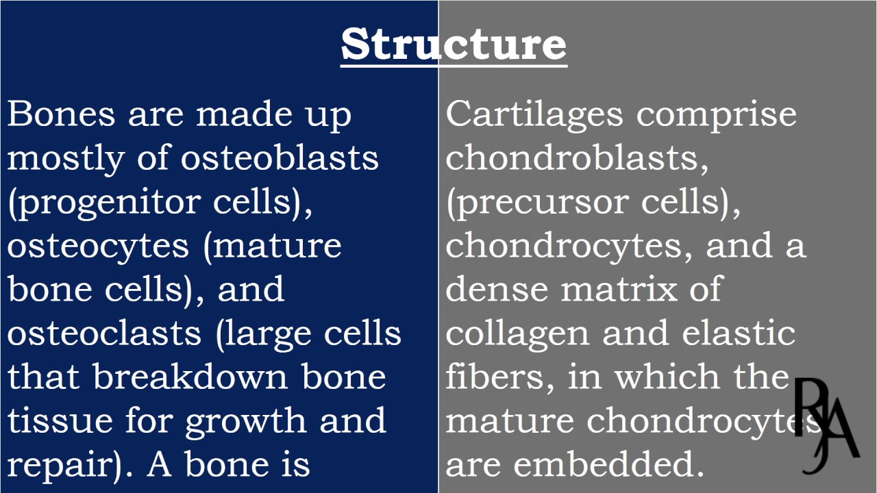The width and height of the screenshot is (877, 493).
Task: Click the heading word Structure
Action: pyautogui.click(x=454, y=44)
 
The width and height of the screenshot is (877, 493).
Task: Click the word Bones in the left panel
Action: pyautogui.click(x=61, y=114)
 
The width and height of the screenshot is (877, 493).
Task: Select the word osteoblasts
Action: pyautogui.click(x=280, y=157)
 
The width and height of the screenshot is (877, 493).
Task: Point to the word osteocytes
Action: pyautogui.click(x=98, y=246)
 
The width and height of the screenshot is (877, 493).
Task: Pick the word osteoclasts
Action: pyautogui.click(x=104, y=333)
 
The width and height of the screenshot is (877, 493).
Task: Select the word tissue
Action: pyautogui.click(x=60, y=421)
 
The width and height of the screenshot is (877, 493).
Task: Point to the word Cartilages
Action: pyautogui.click(x=534, y=114)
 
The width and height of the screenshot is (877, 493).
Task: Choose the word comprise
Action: pyautogui.click(x=716, y=115)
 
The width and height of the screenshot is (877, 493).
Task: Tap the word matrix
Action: pyautogui.click(x=620, y=290)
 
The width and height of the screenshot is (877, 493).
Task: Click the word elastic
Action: pyautogui.click(x=739, y=333)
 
